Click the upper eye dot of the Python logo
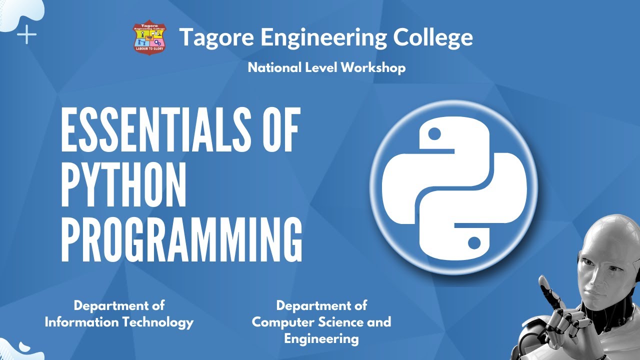point(435,133)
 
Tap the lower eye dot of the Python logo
point(474,243)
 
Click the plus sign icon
point(26,35)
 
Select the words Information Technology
point(119,322)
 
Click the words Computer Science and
point(321,322)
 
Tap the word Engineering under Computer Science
point(321,338)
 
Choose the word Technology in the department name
point(159,322)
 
